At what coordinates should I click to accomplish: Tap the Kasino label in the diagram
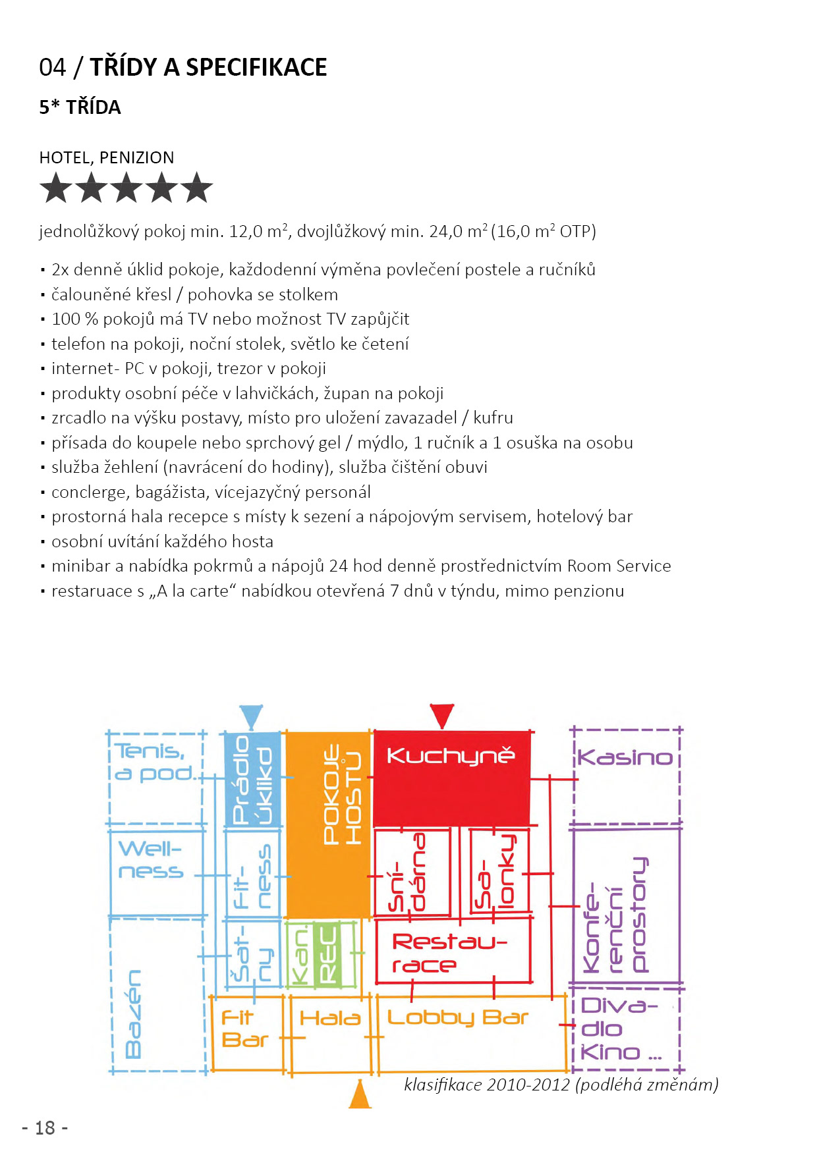tap(625, 757)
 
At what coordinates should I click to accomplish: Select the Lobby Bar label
tap(457, 1018)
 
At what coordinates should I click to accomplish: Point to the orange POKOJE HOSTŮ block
tap(328, 823)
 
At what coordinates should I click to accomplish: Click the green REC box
tap(327, 954)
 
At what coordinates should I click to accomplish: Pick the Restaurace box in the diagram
tap(452, 952)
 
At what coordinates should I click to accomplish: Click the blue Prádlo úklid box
tap(253, 779)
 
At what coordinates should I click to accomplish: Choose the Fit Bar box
tap(245, 1029)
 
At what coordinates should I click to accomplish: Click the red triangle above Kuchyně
tap(441, 714)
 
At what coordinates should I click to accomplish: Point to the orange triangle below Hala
tap(360, 1095)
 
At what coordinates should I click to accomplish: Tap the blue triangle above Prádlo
tap(251, 716)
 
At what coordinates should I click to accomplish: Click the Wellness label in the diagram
tap(151, 859)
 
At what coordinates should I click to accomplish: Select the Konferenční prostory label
tap(616, 915)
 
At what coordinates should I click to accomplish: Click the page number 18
tap(45, 1128)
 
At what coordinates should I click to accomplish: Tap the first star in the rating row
tap(56, 188)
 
